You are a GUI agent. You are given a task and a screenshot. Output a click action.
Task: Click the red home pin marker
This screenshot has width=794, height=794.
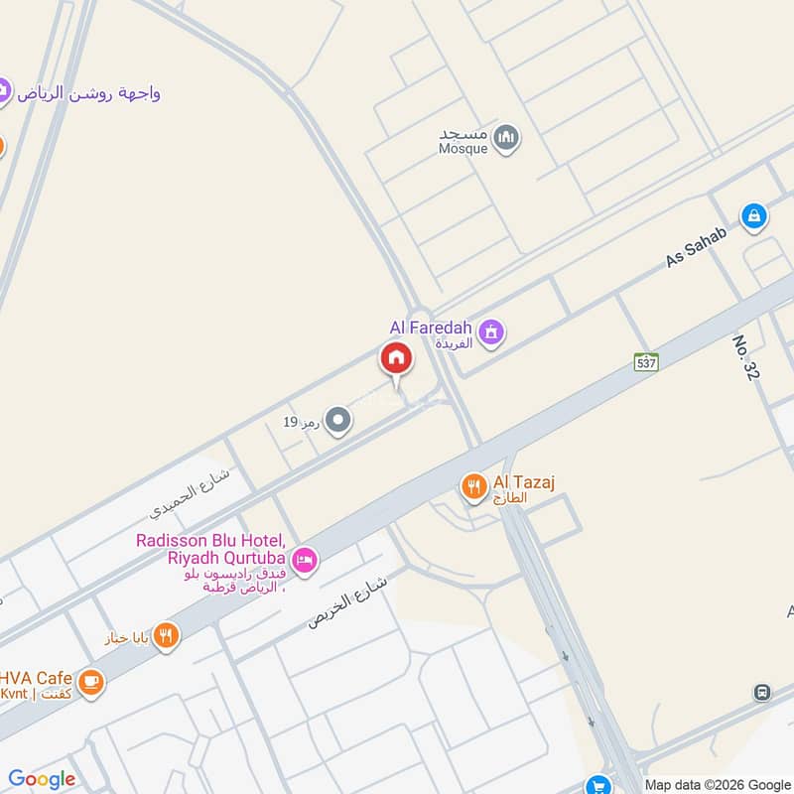pos(395,359)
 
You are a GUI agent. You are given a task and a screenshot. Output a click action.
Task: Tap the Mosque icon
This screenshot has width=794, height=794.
pos(506,138)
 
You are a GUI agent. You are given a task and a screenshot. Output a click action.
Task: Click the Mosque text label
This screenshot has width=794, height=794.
pos(463,141)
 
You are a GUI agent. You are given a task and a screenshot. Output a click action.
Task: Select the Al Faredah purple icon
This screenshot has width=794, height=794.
pos(489,333)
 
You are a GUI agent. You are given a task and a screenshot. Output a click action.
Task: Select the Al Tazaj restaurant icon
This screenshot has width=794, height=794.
pos(473,486)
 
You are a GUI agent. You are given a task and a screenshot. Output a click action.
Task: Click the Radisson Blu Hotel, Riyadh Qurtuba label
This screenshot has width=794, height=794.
pos(212,563)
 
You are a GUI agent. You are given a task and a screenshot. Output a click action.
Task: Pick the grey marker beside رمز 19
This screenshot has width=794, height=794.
pos(338,422)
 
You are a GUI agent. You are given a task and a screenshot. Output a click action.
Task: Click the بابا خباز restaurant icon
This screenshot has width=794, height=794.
pos(167,635)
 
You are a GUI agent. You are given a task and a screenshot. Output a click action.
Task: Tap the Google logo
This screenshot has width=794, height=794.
pos(41,779)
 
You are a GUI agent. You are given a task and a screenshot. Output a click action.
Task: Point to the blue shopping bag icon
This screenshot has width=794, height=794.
pos(754,216)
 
